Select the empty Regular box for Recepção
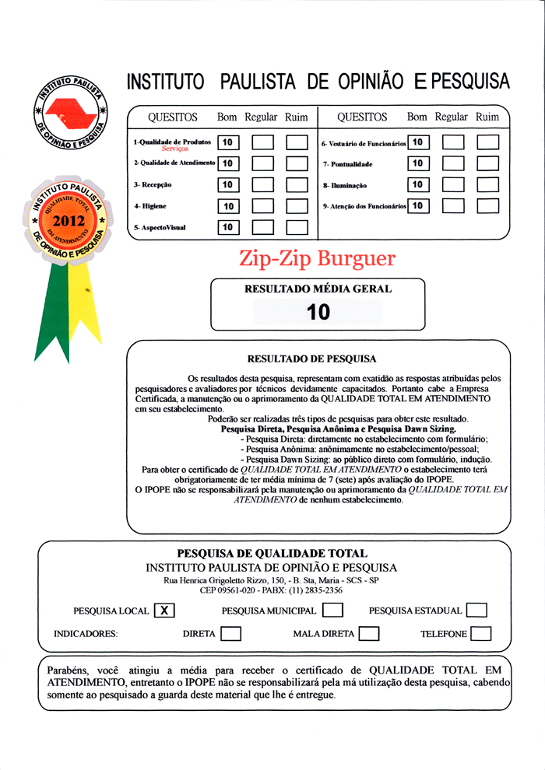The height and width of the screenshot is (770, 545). [263, 185]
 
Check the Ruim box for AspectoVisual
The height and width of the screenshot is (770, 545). [297, 227]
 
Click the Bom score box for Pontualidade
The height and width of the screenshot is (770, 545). [418, 163]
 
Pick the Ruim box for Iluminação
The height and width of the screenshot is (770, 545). [488, 185]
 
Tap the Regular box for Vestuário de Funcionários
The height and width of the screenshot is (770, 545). [453, 142]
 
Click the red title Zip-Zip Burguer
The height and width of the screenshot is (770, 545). [317, 259]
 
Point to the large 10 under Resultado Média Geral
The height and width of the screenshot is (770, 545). [318, 312]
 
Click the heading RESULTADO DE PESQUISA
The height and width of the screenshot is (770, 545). [311, 359]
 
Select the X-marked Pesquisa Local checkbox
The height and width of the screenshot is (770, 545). [163, 611]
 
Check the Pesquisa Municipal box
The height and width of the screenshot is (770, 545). [332, 611]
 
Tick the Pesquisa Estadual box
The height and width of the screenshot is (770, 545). [477, 611]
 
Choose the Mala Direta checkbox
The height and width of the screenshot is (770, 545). [369, 634]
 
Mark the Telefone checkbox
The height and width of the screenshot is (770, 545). [481, 634]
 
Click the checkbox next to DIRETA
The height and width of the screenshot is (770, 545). [230, 634]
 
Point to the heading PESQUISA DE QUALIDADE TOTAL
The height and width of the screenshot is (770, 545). [272, 554]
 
